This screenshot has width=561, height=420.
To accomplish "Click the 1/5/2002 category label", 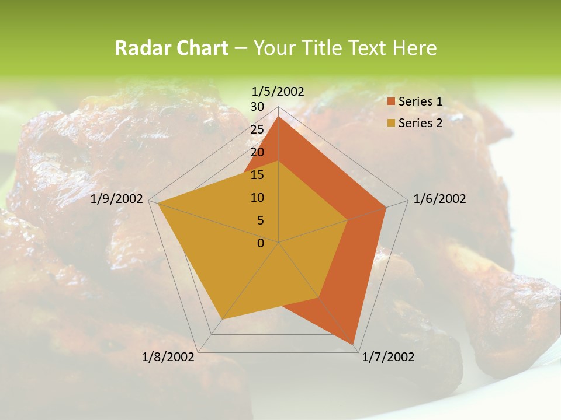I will coord(278,91).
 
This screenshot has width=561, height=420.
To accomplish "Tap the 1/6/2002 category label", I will coord(439,199).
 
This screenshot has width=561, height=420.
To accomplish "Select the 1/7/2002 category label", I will coord(388,357).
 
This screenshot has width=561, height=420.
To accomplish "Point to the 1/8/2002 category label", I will coord(168,357).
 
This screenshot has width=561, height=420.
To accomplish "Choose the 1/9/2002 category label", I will coord(117,199).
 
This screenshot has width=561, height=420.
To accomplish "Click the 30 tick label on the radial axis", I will coord(257,107).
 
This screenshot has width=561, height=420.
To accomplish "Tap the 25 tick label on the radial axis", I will coord(257,129).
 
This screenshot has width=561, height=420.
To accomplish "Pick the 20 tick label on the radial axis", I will coord(257,152).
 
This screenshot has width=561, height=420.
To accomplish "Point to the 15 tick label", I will coord(257,175).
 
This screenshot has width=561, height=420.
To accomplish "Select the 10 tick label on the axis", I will coord(257,198).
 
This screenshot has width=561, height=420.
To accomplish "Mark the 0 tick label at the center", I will coord(261,243).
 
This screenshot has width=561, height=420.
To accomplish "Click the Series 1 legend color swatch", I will coord(391,102).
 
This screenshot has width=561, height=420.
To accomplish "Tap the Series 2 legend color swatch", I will coord(391,123).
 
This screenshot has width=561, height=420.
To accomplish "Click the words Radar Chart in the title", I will coord(171,48).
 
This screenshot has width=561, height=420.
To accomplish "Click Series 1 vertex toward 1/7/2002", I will coord(354,344).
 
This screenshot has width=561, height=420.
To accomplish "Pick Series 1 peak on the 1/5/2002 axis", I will coord(279,117).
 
